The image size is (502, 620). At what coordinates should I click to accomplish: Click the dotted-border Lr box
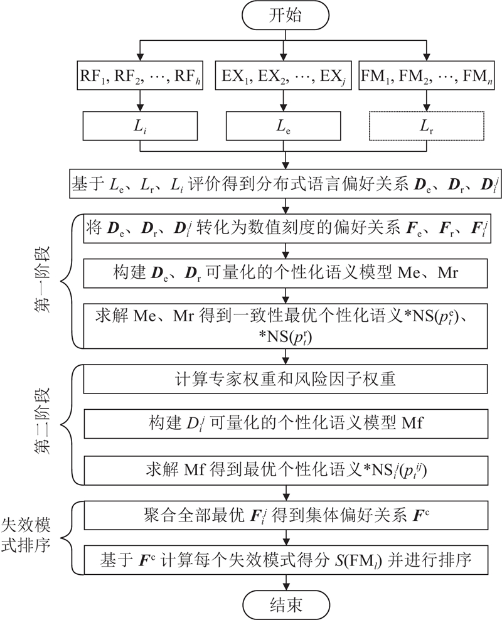(428, 128)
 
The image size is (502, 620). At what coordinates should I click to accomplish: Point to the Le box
(286, 128)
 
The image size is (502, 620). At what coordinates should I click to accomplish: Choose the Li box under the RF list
(139, 128)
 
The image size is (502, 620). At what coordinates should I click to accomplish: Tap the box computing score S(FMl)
(286, 558)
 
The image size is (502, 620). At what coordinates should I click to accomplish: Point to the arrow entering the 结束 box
(286, 582)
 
